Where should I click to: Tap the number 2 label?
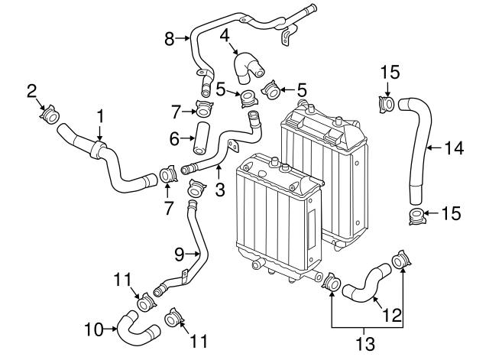pos(32,92)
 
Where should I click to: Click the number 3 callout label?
pos(219,189)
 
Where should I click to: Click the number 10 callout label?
pos(93,330)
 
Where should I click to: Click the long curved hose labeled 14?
pos(421,145)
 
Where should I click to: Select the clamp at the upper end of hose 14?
pos(387,103)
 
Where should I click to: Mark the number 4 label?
pos(225,35)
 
